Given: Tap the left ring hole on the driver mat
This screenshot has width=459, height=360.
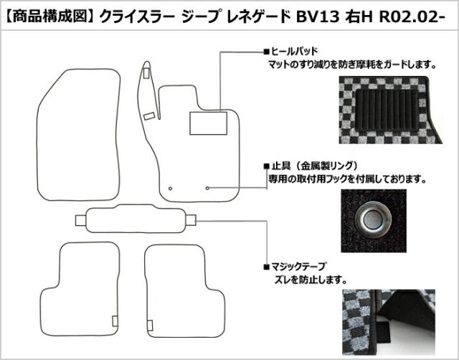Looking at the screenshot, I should [171, 188].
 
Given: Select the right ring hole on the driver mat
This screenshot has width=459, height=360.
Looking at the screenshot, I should [207, 188].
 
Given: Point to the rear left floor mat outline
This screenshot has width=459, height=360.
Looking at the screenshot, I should [88, 283].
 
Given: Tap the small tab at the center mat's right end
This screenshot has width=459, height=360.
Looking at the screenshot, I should [189, 219].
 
